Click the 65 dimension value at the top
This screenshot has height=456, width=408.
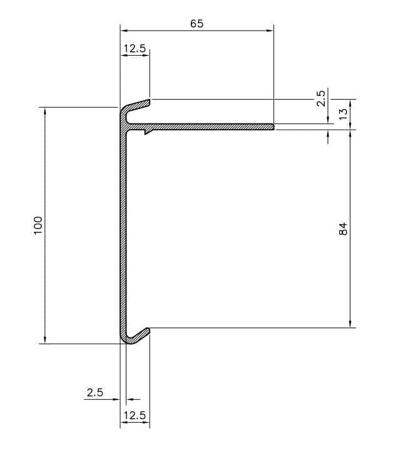[x=196, y=24]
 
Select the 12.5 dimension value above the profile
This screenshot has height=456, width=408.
[x=135, y=49]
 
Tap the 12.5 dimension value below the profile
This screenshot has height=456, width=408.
[x=135, y=415]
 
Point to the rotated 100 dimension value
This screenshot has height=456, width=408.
[x=38, y=225]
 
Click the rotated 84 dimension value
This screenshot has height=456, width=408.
[x=342, y=229]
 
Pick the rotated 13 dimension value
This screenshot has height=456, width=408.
[x=342, y=115]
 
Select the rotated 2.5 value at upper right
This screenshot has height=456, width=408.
[x=321, y=98]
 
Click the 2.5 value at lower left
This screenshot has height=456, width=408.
[x=94, y=393]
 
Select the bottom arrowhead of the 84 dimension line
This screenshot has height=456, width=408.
[x=350, y=324]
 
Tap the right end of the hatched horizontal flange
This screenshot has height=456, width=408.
[x=273, y=127]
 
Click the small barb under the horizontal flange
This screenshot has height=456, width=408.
[x=146, y=132]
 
